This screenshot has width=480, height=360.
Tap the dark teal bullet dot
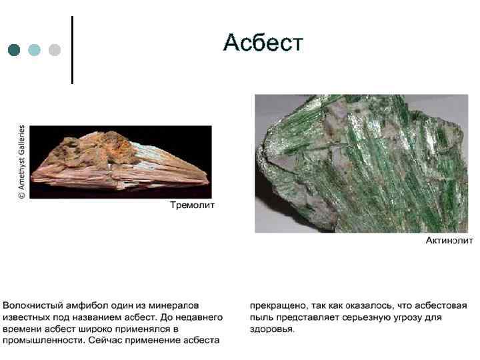(14, 50)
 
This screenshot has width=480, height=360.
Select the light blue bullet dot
(34, 50)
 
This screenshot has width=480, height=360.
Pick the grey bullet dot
(54, 50)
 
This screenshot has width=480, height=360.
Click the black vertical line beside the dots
(72, 50)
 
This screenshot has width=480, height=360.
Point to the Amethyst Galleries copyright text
(21, 162)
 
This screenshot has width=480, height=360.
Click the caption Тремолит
(193, 205)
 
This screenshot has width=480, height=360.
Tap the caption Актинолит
(449, 241)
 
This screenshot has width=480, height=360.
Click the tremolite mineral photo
(121, 162)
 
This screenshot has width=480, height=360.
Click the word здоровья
(272, 329)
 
